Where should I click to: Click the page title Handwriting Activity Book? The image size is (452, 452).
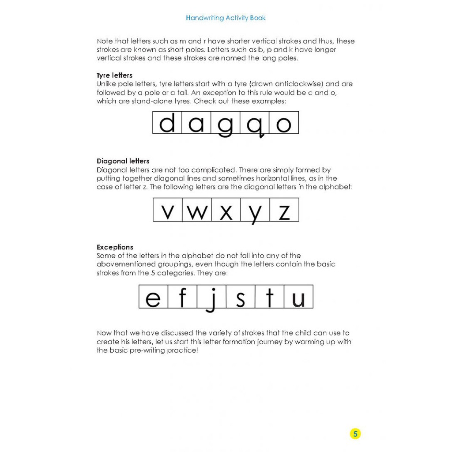226,18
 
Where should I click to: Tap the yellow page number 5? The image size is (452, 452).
355,433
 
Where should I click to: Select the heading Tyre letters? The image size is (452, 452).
114,75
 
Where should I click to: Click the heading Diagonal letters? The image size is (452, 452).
123,161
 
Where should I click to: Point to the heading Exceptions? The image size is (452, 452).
115,247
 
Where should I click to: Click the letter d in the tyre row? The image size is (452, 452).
167,123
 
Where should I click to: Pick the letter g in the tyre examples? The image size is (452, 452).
225,125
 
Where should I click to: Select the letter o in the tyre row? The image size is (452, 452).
284,124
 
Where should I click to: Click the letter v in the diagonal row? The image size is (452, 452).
167,212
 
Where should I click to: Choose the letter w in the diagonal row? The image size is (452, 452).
196,212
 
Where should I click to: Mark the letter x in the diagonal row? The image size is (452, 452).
226,212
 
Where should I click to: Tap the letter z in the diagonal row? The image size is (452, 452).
284,212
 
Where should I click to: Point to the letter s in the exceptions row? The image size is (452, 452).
241,299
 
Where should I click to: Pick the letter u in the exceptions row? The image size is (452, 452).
298,299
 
